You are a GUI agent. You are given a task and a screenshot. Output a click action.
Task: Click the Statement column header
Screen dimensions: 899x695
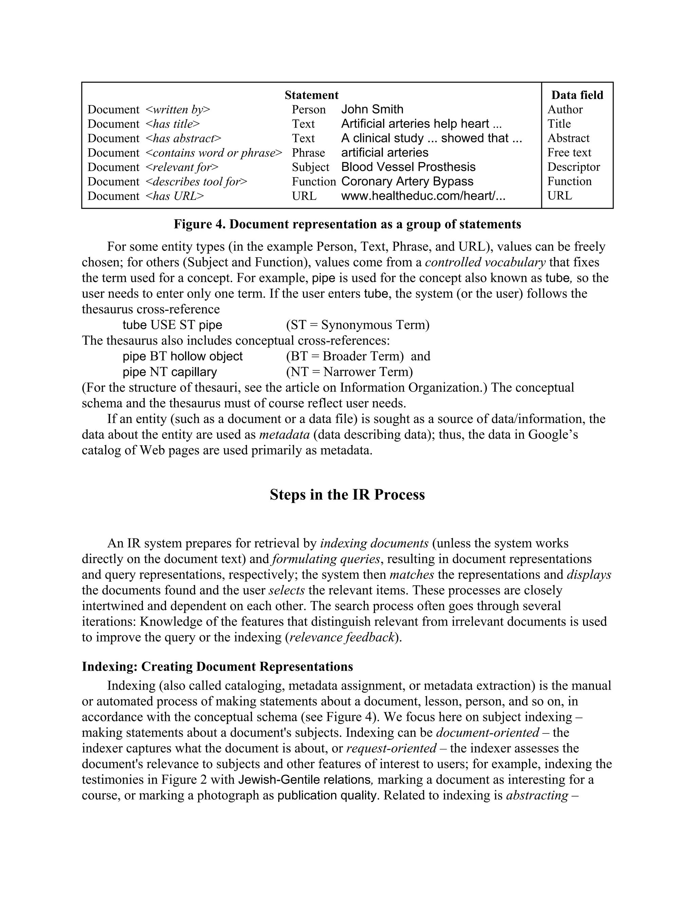point(311,95)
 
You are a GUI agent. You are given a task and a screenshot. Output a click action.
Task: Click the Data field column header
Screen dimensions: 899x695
point(577,95)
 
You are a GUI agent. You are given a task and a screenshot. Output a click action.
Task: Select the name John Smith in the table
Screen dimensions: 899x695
point(372,110)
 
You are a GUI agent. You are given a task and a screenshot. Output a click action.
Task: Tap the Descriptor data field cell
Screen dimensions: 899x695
point(573,167)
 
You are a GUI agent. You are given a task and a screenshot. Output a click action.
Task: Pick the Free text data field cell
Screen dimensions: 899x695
point(569,153)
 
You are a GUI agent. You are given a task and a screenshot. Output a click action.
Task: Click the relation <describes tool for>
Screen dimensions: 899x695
point(196,181)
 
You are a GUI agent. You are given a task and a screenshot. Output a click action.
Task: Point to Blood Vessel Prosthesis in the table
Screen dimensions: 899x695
point(408,167)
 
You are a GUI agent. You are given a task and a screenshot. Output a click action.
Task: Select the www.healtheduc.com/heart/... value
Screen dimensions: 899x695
point(423,196)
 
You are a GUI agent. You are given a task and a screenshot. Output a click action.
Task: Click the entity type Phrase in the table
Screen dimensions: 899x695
point(308,153)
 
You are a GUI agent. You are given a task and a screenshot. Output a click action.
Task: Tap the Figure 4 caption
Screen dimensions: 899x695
point(347,224)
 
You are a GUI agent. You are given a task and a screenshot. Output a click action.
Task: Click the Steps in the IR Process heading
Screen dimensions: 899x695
point(347,494)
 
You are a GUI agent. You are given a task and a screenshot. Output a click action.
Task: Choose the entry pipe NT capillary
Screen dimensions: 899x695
point(170,372)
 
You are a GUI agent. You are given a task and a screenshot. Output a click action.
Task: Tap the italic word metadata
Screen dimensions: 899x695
point(284,435)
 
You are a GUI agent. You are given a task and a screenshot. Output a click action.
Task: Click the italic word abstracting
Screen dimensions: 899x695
point(537,795)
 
